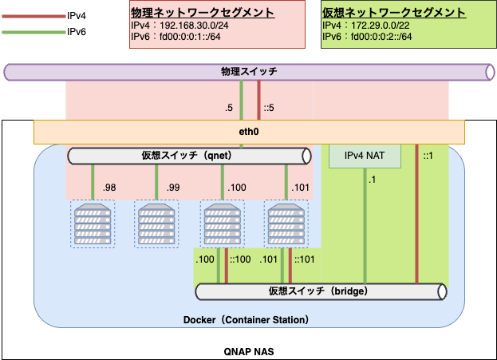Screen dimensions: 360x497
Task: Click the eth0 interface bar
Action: coord(249,131)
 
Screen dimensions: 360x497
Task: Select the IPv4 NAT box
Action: coord(365,156)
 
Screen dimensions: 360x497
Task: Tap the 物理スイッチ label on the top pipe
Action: coord(249,73)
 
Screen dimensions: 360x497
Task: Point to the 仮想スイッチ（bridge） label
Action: coord(318,291)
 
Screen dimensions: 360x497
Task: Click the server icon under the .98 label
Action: coord(93,224)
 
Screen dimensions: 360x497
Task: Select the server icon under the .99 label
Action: coord(156,224)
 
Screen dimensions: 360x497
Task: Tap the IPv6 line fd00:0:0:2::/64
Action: coord(379,38)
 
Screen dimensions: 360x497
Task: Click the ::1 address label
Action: coord(428,156)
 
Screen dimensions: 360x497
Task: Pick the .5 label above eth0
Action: coord(230,108)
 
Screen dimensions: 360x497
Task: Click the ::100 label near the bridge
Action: coord(240,259)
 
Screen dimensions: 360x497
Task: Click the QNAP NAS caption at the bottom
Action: coord(249,350)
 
